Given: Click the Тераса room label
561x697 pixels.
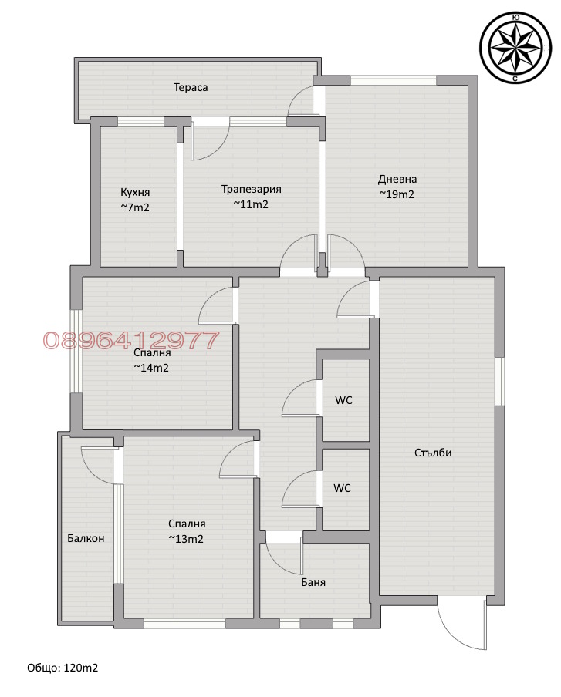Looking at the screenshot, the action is tap(191, 87).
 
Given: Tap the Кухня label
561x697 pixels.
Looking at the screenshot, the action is tap(135, 192).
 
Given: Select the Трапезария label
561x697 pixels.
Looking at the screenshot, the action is tap(252, 189).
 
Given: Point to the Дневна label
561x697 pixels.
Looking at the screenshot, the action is tap(397, 179).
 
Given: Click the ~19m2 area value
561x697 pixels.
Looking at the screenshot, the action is tap(397, 194).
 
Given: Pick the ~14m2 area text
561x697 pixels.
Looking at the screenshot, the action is tap(151, 368).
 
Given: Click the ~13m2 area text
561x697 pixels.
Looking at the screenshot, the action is tap(186, 539).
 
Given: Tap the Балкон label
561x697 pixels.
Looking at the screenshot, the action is tap(86, 538).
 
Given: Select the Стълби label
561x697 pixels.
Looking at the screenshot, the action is tap(433, 453).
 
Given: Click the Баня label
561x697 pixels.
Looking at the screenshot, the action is tap(313, 582).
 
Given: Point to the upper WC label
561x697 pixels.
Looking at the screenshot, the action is tap(343, 400).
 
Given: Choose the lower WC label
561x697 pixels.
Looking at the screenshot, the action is tap(342, 488).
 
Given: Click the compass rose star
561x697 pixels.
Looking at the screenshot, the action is tap(515, 48).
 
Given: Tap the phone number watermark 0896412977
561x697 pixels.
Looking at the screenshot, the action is tap(131, 340).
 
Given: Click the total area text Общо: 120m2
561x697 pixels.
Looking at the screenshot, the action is tap(63, 668).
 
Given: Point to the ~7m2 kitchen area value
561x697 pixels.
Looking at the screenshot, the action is tap(135, 207).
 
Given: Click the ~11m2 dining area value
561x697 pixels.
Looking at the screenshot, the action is tap(251, 204).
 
